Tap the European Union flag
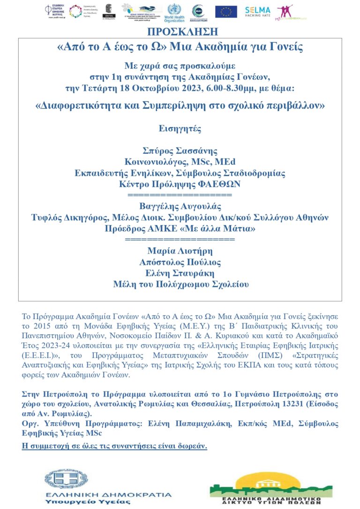[226, 11]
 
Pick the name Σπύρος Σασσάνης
[180, 150]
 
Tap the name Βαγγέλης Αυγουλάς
[180, 206]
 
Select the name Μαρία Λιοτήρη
[180, 250]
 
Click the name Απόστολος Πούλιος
[180, 262]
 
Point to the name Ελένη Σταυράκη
[180, 273]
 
